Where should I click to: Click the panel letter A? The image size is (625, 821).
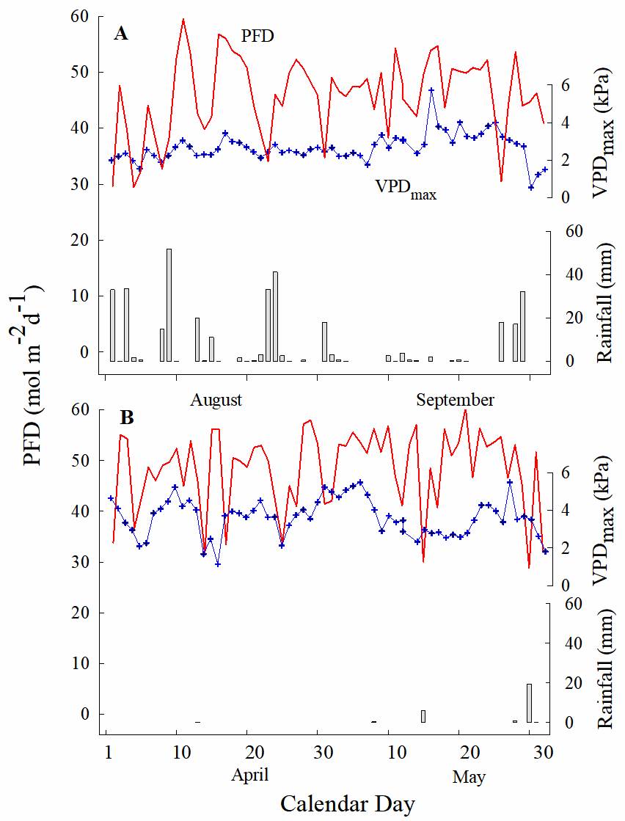pos(121,33)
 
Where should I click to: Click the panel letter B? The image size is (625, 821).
pos(127,417)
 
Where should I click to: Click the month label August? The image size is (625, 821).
pos(216,400)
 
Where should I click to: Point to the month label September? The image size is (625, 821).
pos(455,400)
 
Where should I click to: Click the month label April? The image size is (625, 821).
pos(250,775)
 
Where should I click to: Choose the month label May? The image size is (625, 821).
pos(469,776)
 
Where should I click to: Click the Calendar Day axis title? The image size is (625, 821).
pos(348,803)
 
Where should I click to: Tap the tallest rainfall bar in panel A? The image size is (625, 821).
pos(169,304)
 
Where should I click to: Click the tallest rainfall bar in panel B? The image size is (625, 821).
pos(529,702)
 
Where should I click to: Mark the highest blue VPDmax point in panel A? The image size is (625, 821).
pos(431,90)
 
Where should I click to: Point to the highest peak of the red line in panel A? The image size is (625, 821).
pos(183,20)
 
